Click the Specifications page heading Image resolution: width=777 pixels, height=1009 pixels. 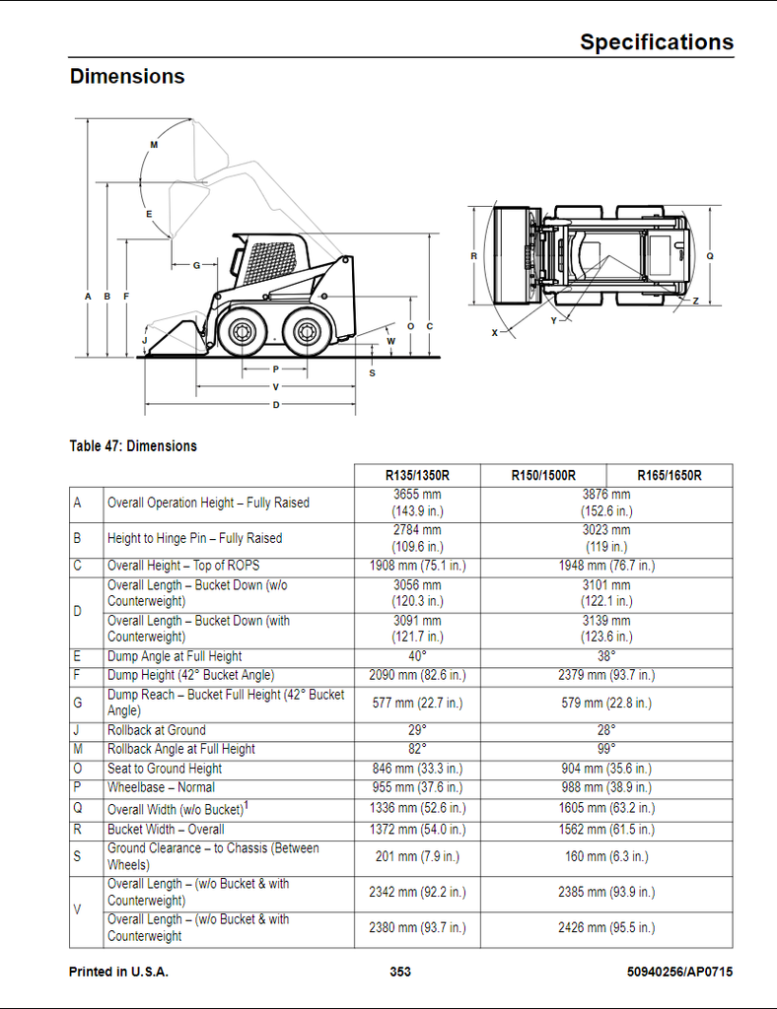657,41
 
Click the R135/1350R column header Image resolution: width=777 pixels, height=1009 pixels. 417,476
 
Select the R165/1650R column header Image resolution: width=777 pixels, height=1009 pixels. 670,476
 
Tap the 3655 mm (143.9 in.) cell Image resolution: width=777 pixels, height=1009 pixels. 417,504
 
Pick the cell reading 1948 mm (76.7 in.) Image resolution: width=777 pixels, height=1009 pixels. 606,566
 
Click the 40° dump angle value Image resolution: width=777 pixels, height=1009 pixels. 417,656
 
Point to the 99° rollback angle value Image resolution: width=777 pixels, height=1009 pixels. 606,749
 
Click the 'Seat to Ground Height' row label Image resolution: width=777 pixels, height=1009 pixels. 164,769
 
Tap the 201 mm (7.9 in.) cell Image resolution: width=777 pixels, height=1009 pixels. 417,856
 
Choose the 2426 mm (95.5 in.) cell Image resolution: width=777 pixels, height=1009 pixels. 606,927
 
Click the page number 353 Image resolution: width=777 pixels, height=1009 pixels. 400,972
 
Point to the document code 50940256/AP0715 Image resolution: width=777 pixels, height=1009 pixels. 679,972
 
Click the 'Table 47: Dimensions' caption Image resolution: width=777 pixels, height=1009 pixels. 133,446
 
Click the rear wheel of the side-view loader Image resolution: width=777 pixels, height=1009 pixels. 306,332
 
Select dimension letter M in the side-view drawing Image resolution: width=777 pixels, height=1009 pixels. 154,145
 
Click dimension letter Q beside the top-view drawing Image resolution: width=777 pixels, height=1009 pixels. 710,256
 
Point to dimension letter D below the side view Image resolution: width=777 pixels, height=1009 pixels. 276,405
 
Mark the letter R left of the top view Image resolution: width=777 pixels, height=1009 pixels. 474,256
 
